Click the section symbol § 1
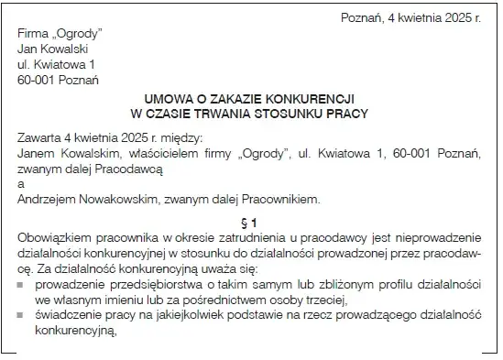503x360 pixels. (253, 221)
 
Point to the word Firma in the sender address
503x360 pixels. (33, 34)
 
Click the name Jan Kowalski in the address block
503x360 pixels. (53, 49)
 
